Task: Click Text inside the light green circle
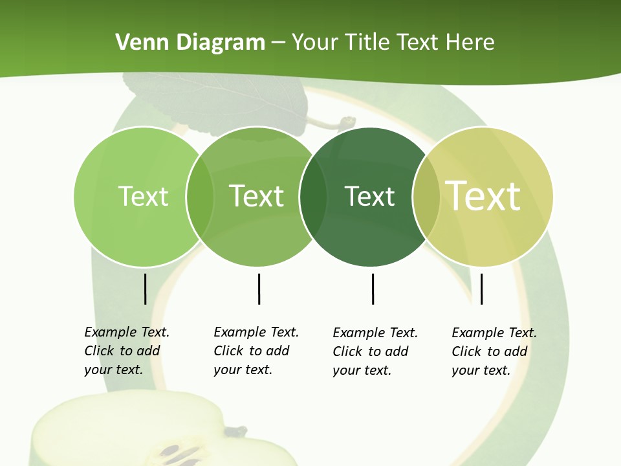(x=143, y=196)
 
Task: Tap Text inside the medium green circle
(x=257, y=196)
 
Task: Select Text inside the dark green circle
(x=369, y=196)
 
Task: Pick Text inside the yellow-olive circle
(x=483, y=196)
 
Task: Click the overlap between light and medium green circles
(x=200, y=197)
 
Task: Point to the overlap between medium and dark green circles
(x=313, y=197)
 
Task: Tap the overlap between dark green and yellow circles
(x=426, y=197)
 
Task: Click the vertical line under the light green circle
(x=145, y=289)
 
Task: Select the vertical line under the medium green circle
(x=259, y=289)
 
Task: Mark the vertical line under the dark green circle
(x=373, y=289)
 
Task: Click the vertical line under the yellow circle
(x=481, y=289)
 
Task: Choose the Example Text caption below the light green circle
(x=126, y=351)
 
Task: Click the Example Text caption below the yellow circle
(x=494, y=351)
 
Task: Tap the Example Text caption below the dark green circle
(x=375, y=351)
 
